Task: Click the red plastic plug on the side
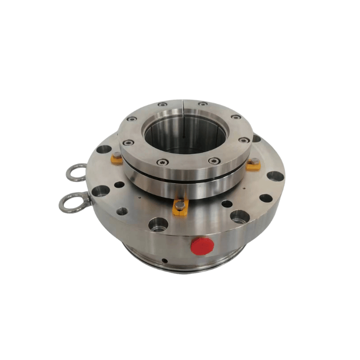pos(202,246)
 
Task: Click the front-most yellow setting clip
pos(180,208)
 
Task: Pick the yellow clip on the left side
pos(117,158)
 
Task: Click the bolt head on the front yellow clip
pos(179,205)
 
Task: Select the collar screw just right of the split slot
pos(204,103)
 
